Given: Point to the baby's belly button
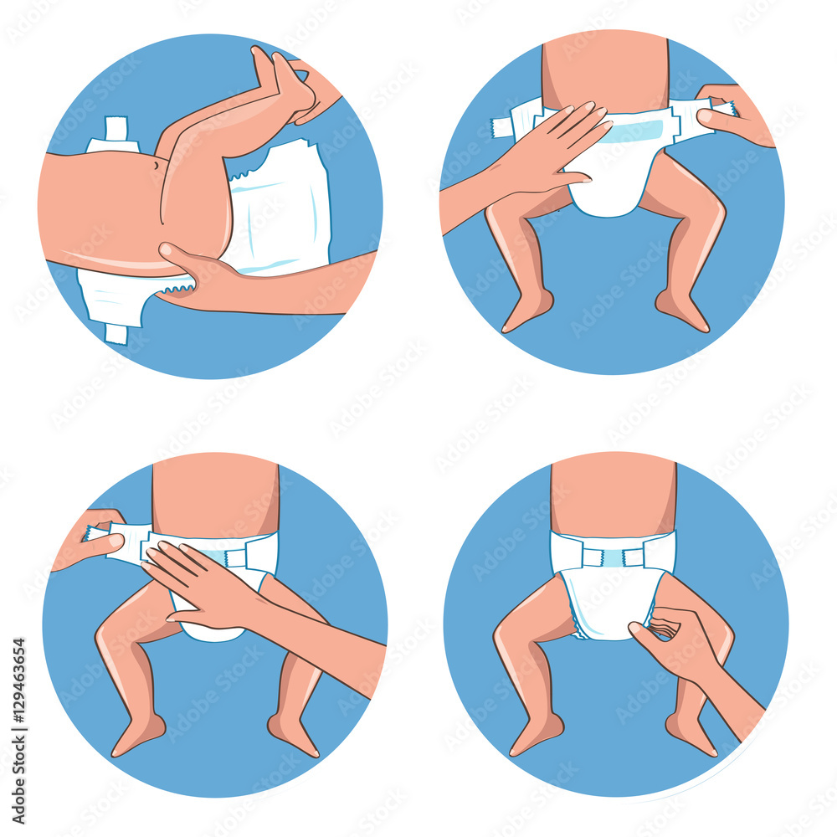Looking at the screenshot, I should (x=157, y=167).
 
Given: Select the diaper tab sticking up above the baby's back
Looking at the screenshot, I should (x=116, y=132).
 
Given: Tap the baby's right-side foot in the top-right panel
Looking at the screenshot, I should (x=682, y=311).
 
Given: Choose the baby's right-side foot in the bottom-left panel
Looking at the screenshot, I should (x=294, y=736).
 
